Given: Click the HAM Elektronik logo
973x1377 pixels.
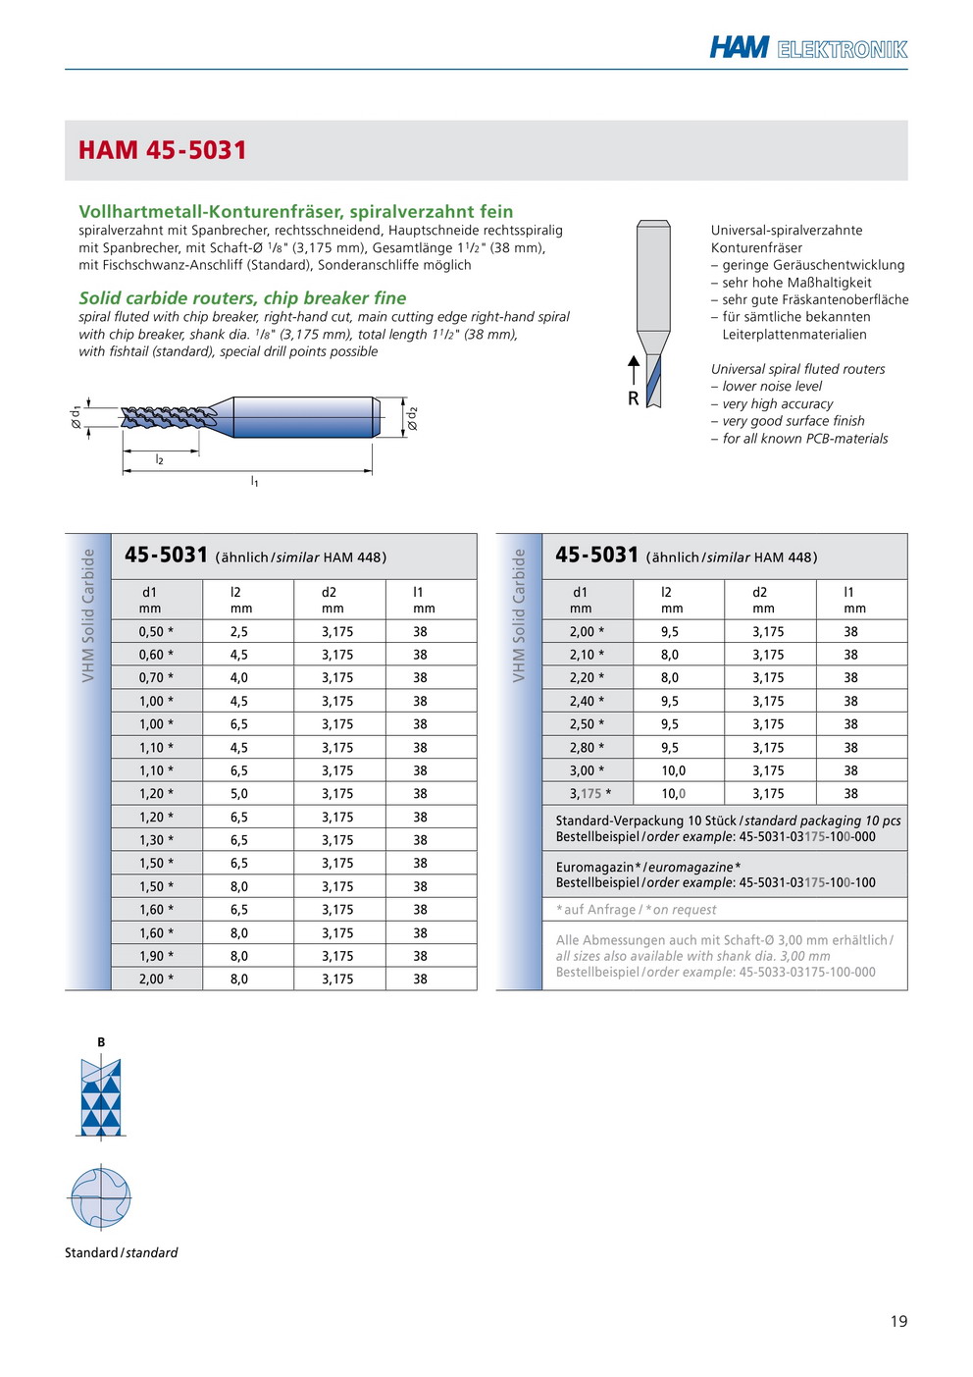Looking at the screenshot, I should click(808, 48).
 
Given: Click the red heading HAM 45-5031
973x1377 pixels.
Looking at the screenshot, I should click(163, 150).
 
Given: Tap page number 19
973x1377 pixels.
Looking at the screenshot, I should click(898, 1321).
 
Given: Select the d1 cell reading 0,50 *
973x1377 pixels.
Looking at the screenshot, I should click(156, 632).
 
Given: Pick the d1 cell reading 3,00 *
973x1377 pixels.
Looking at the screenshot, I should click(587, 770).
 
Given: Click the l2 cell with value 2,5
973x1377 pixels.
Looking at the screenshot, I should click(239, 632).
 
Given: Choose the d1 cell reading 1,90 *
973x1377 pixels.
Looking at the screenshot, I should click(156, 956).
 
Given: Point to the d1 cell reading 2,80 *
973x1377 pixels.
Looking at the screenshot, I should click(587, 748).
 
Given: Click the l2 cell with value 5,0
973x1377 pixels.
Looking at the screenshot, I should click(239, 794).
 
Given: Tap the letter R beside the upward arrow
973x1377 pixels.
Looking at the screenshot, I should click(633, 398).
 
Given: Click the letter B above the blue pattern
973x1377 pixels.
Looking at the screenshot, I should click(101, 1042).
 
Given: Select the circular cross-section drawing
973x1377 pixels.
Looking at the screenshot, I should click(100, 1197).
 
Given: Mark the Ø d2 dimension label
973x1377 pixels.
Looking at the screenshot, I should click(413, 418).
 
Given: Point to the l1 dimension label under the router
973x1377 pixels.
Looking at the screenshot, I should click(254, 481).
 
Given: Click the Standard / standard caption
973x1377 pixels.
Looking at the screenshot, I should click(122, 1252).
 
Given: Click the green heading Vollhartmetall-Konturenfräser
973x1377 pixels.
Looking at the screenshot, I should click(295, 211).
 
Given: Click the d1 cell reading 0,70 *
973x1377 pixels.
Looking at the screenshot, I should click(156, 678).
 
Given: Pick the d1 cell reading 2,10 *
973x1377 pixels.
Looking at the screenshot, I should click(587, 655).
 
